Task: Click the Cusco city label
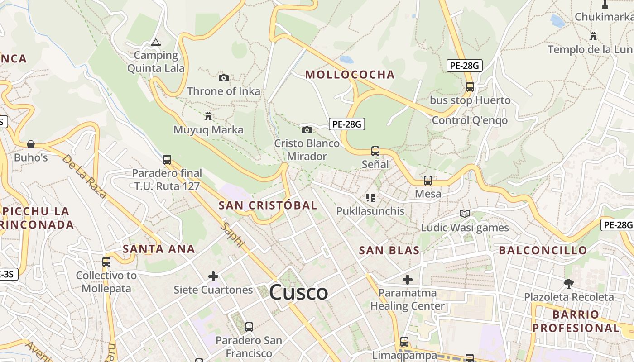(298, 292)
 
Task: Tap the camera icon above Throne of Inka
(224, 78)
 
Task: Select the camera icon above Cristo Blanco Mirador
(307, 130)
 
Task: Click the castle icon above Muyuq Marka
(208, 116)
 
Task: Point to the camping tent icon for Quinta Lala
(156, 43)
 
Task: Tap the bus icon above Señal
(375, 151)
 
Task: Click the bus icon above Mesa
(428, 181)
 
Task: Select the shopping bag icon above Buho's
(31, 144)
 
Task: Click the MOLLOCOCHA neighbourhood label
(350, 75)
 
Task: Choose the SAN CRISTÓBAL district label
(268, 205)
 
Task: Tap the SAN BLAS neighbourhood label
(389, 250)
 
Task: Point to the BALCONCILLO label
(543, 250)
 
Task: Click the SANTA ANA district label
(158, 249)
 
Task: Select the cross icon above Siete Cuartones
(213, 276)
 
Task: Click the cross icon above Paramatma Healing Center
(408, 280)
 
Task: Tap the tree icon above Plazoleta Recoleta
(569, 284)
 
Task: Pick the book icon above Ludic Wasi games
(465, 214)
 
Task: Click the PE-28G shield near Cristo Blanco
(346, 124)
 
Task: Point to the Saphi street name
(232, 234)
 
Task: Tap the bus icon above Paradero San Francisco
(249, 327)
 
